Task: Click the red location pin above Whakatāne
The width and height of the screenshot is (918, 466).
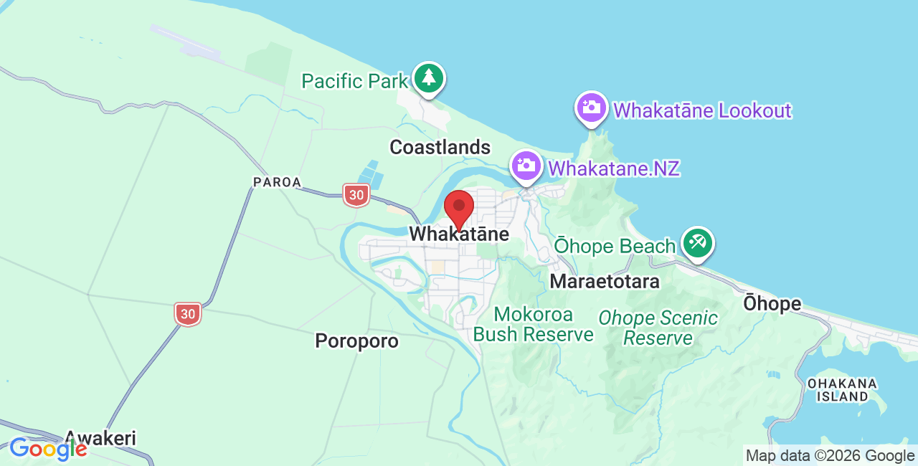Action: click(x=459, y=208)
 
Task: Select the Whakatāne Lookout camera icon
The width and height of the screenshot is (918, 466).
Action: click(x=592, y=108)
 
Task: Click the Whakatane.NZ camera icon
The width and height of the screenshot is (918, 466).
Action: click(x=526, y=166)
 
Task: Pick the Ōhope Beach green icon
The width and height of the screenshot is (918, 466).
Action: click(x=697, y=243)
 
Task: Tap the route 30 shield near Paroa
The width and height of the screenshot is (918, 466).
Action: click(x=356, y=194)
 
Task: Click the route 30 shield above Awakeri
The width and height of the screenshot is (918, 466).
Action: click(x=187, y=313)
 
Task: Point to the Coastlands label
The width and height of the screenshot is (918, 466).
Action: click(x=440, y=148)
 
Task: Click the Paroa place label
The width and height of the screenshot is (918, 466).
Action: click(x=277, y=183)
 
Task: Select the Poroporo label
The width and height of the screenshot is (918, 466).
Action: click(x=356, y=341)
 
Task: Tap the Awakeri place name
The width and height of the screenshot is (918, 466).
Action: click(x=100, y=438)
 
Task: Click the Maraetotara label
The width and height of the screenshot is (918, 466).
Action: click(x=605, y=282)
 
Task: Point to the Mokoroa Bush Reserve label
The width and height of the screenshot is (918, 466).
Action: click(x=534, y=325)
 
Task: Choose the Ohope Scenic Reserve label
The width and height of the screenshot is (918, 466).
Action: click(x=658, y=328)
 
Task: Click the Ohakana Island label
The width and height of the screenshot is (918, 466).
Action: click(x=842, y=389)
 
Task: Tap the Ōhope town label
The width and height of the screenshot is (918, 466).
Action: click(x=772, y=303)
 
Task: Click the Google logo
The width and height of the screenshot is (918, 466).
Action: click(x=48, y=449)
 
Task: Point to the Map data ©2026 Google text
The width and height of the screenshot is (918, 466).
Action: click(x=830, y=455)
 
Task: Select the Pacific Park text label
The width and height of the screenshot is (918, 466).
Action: click(x=354, y=81)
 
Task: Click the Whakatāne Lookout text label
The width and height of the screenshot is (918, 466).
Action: click(x=702, y=110)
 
